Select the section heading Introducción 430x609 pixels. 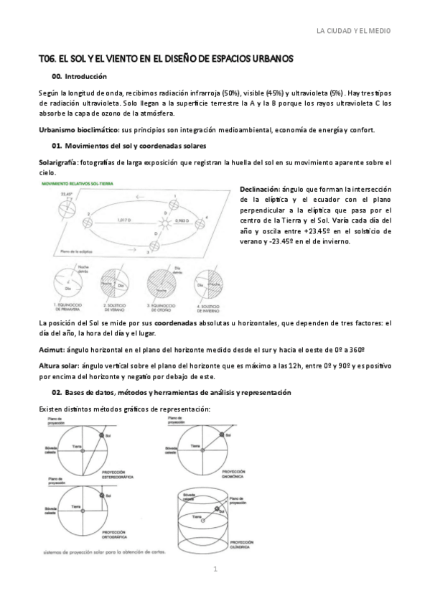click(x=85, y=75)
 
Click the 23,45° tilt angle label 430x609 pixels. click(x=67, y=194)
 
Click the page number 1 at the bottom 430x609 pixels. click(x=215, y=570)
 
